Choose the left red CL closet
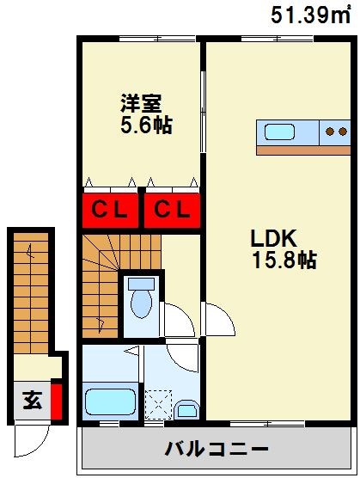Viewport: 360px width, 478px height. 110,209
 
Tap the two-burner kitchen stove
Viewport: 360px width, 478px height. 336,132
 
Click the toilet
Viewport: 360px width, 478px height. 141,300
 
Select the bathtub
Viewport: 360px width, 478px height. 110,401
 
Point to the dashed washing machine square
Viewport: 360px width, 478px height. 157,402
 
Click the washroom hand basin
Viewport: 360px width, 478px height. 188,408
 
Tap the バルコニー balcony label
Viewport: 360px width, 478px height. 217,449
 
